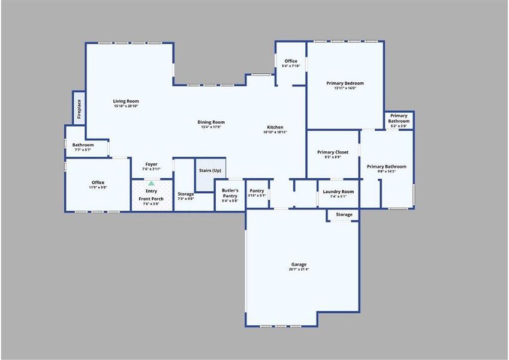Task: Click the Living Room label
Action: tap(126, 101)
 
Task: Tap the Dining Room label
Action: tap(211, 122)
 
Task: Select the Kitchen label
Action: tap(275, 127)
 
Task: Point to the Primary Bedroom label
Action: tap(345, 83)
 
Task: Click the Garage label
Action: tap(299, 265)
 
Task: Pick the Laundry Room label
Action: tap(338, 192)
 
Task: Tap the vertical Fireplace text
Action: tap(79, 109)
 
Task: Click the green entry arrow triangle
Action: tap(151, 183)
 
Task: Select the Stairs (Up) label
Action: tap(210, 170)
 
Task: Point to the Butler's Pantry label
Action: tap(230, 193)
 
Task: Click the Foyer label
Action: tap(151, 164)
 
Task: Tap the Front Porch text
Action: tap(151, 199)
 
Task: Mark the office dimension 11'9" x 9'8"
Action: tap(98, 188)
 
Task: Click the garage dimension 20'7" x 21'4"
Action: tap(299, 269)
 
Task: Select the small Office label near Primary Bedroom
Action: tap(291, 61)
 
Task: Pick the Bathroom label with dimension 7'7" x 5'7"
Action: tap(83, 145)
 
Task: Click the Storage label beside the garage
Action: tap(344, 214)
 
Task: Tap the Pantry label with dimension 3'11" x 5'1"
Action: tap(257, 191)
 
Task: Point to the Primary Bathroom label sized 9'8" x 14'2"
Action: tap(387, 167)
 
